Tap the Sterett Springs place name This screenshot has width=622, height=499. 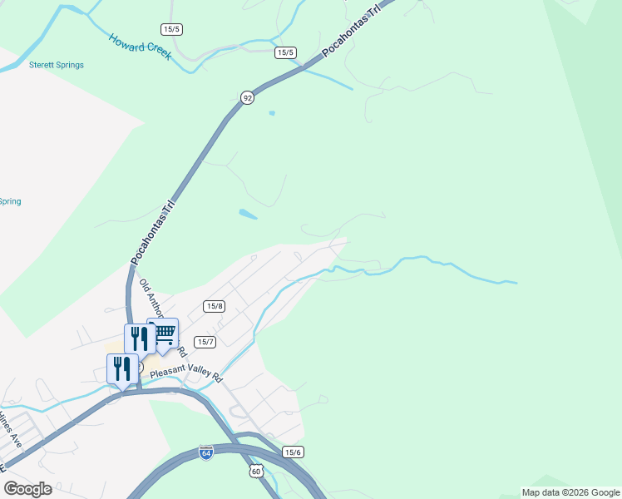point(57,65)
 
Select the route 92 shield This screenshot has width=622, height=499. point(247,98)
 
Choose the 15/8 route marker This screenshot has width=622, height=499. point(215,306)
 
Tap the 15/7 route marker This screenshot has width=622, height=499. point(205,342)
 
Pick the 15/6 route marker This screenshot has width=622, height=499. point(293,452)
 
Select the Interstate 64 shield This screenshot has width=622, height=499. point(206,452)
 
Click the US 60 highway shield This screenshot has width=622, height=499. point(256,472)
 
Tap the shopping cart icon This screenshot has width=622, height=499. point(164,333)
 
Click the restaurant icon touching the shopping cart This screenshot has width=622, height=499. point(139,338)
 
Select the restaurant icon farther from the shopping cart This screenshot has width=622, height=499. point(121,368)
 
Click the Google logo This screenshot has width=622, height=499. point(27,489)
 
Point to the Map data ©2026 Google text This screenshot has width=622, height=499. point(570,492)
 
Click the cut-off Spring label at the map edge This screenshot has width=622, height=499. point(10,201)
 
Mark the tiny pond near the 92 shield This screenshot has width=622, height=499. point(272,113)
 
